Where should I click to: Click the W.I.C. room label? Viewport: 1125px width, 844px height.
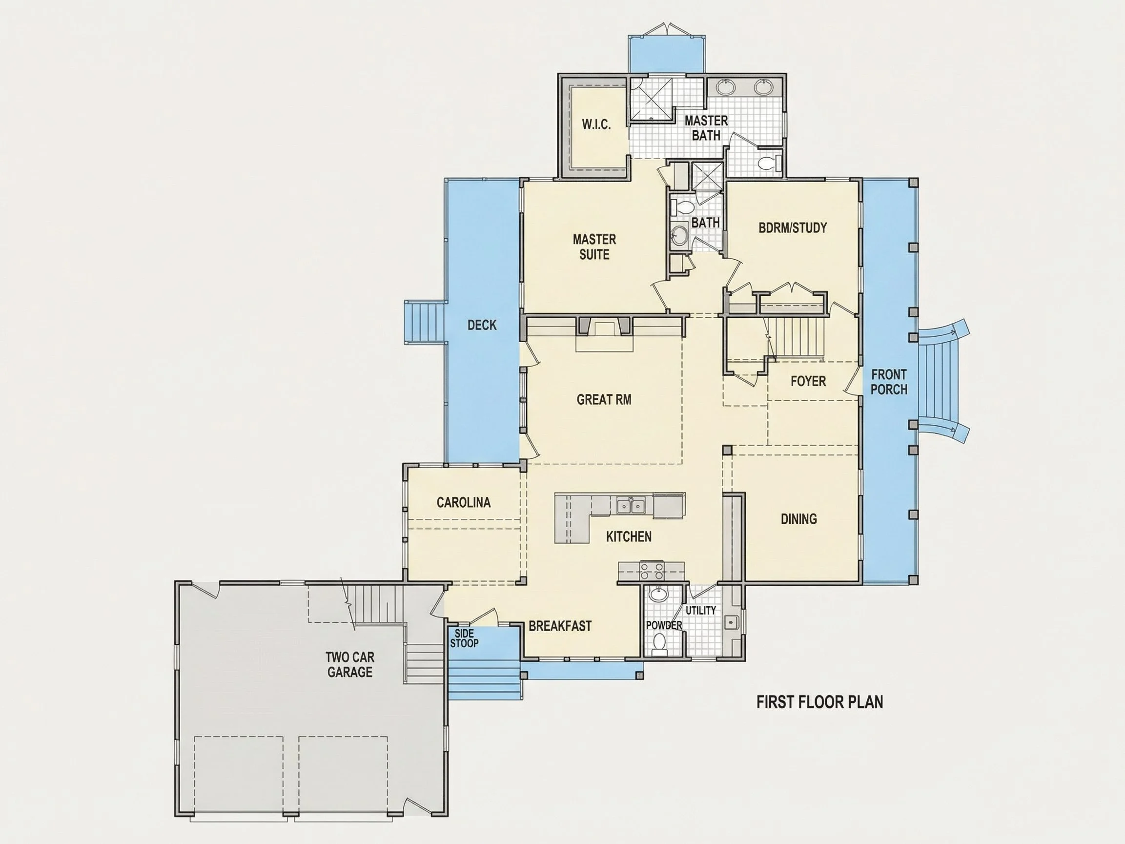click(596, 124)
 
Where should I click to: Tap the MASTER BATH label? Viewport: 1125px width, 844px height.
click(706, 128)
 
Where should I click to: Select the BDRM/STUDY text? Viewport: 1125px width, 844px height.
click(793, 227)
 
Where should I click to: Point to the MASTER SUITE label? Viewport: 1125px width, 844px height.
click(594, 247)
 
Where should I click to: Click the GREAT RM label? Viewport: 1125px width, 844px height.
click(604, 399)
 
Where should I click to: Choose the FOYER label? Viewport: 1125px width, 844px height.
click(808, 381)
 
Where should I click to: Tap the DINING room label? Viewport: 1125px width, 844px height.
click(798, 518)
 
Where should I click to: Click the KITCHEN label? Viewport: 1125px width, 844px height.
click(629, 536)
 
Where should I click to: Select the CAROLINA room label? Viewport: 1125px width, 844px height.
click(463, 502)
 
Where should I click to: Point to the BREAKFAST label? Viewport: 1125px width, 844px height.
click(560, 626)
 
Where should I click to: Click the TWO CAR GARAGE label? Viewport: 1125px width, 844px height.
click(350, 664)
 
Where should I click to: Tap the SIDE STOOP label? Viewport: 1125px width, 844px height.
click(464, 638)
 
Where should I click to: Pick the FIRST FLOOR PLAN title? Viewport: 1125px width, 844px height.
click(819, 702)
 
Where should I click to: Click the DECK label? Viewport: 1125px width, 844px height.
click(482, 325)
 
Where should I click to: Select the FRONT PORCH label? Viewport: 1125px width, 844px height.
click(888, 382)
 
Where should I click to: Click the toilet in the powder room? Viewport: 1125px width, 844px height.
click(659, 643)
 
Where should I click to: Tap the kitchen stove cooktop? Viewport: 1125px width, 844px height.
click(652, 571)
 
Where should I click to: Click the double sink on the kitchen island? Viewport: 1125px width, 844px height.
click(631, 506)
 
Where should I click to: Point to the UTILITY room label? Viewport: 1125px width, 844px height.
click(701, 610)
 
